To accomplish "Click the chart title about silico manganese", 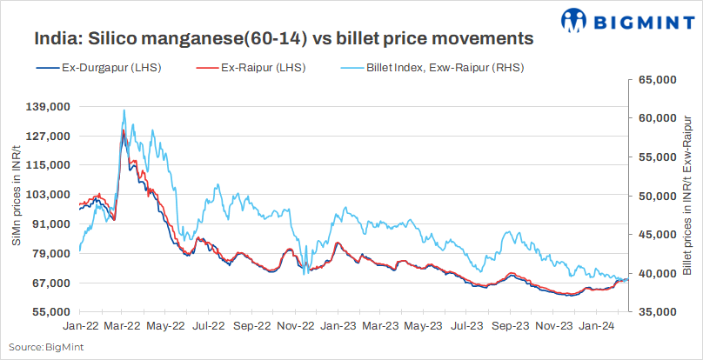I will coord(284,38).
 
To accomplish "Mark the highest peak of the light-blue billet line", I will coord(124,110).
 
